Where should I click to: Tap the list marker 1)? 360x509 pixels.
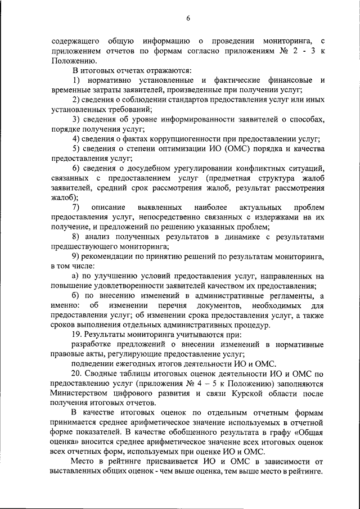tap(75, 80)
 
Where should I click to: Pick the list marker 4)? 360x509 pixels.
tap(75, 139)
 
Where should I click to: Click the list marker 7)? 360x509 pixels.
tap(75, 208)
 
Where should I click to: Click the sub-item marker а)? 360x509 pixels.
tap(75, 277)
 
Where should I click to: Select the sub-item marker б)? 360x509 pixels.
tap(75, 296)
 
